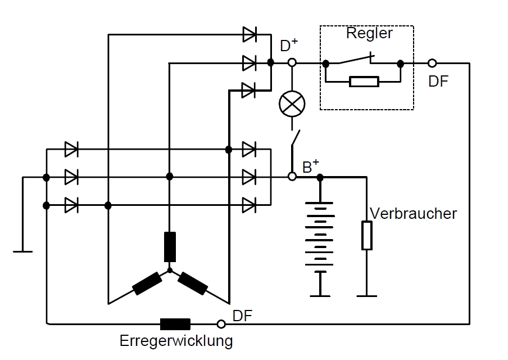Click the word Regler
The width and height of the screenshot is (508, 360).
[369, 33]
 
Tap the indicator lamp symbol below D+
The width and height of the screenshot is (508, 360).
[292, 104]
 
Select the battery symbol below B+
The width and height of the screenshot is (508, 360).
[320, 236]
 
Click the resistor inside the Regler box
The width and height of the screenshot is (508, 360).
[364, 82]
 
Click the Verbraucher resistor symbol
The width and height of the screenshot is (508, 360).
[366, 235]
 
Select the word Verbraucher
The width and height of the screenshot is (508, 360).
[413, 214]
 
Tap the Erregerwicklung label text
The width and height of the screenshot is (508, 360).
[176, 341]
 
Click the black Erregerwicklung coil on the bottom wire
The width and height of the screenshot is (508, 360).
[175, 324]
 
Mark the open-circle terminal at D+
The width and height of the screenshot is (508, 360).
[292, 63]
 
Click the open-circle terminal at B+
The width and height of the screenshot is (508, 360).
[292, 177]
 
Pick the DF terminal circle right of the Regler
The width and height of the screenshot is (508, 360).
[432, 63]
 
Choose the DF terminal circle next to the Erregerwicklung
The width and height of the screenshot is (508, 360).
[221, 324]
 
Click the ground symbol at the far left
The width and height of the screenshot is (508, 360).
[23, 251]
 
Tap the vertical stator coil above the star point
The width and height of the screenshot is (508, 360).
[170, 247]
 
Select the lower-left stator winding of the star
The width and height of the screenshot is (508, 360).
[147, 283]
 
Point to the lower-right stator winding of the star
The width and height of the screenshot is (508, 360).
[193, 283]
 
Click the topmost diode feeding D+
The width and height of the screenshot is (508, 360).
[249, 34]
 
